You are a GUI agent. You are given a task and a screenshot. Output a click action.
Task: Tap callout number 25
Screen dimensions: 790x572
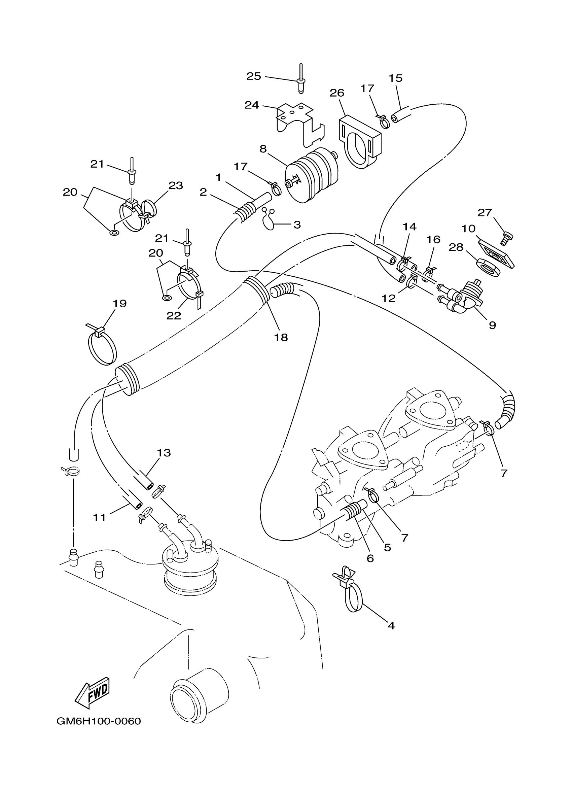click(x=253, y=76)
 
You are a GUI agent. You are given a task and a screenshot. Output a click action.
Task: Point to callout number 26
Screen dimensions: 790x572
click(x=337, y=93)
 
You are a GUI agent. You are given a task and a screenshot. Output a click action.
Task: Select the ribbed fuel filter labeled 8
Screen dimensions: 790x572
click(x=312, y=176)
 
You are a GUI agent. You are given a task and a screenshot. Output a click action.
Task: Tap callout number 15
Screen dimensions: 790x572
click(x=395, y=78)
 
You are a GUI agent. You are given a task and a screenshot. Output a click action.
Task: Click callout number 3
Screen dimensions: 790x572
click(x=297, y=225)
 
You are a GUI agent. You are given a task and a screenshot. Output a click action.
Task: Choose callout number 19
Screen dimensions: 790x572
click(x=119, y=303)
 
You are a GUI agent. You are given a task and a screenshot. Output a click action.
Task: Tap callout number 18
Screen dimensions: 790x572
click(x=281, y=337)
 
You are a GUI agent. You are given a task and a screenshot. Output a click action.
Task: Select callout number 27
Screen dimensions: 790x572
click(x=485, y=212)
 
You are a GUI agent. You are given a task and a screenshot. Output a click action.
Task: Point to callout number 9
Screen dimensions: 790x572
click(x=492, y=325)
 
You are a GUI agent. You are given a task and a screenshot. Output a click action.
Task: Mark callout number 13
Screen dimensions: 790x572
click(x=164, y=453)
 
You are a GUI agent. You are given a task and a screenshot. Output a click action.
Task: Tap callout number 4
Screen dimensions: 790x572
click(x=391, y=626)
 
